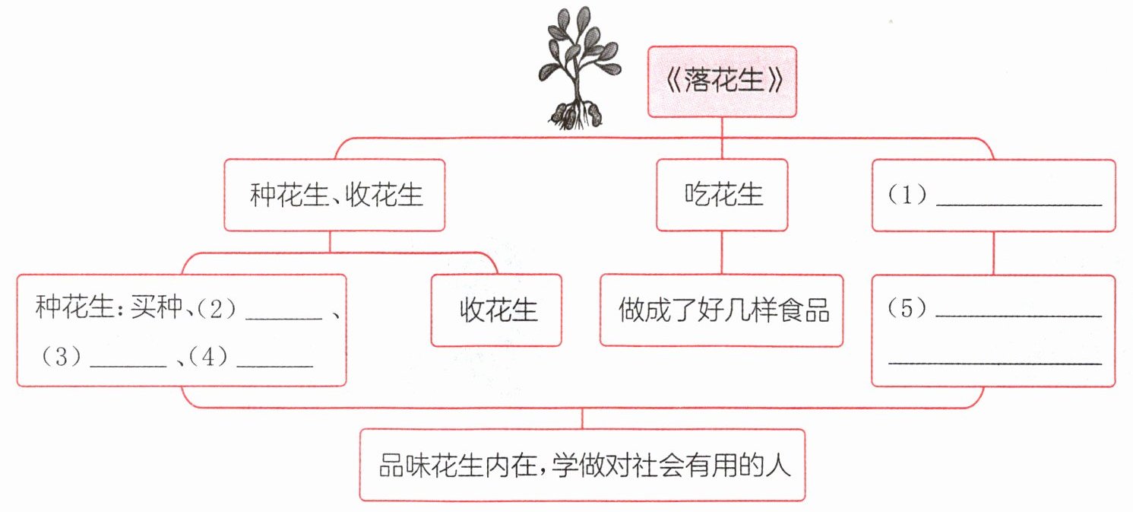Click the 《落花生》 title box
coord(721,82)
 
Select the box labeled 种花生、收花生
coord(334,195)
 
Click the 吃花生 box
coord(722,195)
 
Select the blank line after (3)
coord(128,367)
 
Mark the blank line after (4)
coord(275,367)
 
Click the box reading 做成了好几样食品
coord(721,310)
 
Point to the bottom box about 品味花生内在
coord(582,465)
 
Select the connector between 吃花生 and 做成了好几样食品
coord(721,253)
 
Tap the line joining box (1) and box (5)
coord(993,253)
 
